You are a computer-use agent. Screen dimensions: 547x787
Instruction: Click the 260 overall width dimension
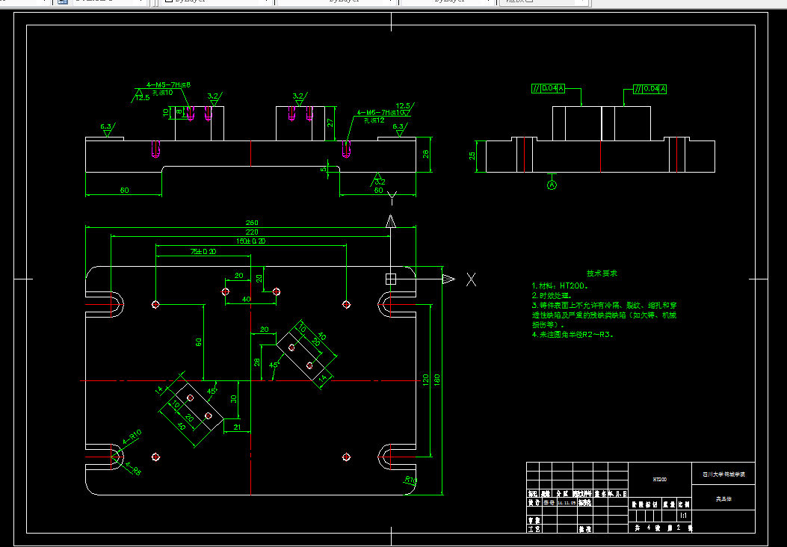[x=251, y=222]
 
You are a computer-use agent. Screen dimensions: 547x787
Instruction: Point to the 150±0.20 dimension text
[x=250, y=241]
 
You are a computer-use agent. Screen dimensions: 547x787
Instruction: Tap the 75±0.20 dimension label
[x=203, y=251]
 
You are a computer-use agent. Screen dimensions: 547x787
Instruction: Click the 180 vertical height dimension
[x=437, y=380]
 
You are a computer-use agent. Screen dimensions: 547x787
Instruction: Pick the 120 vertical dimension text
[x=426, y=380]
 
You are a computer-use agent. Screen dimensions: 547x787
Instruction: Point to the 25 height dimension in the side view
[x=472, y=156]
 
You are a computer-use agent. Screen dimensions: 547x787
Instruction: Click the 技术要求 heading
[x=601, y=274]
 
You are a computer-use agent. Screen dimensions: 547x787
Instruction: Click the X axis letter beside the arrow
[x=472, y=279]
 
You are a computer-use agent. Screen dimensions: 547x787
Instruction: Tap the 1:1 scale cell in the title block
[x=682, y=516]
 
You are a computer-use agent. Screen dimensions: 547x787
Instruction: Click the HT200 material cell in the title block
[x=659, y=479]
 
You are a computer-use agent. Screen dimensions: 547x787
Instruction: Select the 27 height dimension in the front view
[x=330, y=123]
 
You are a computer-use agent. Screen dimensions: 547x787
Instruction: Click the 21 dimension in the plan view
[x=237, y=427]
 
